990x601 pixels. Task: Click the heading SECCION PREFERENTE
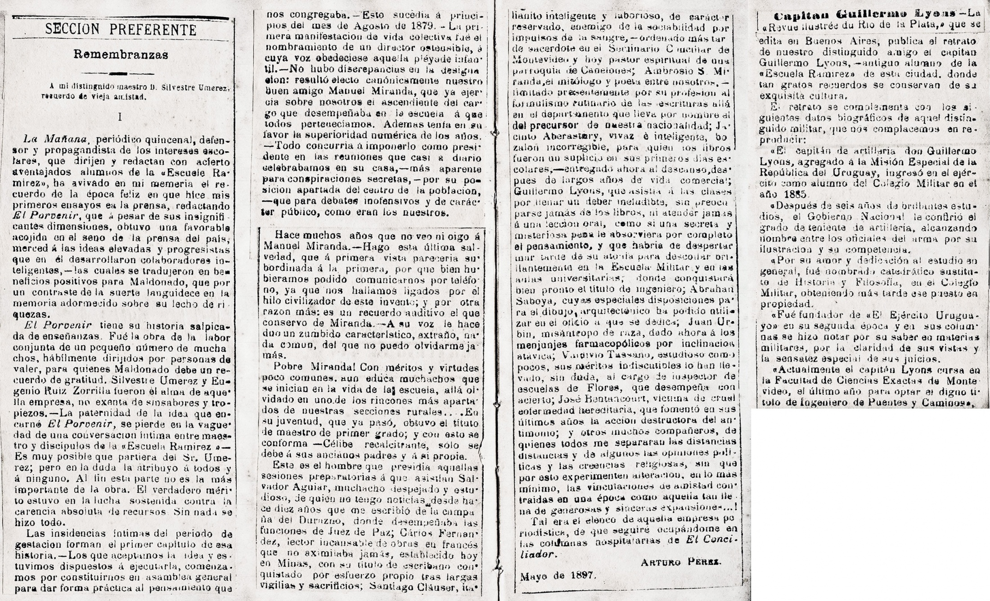point(121,30)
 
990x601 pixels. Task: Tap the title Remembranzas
point(121,55)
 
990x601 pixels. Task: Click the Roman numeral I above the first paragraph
point(120,117)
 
